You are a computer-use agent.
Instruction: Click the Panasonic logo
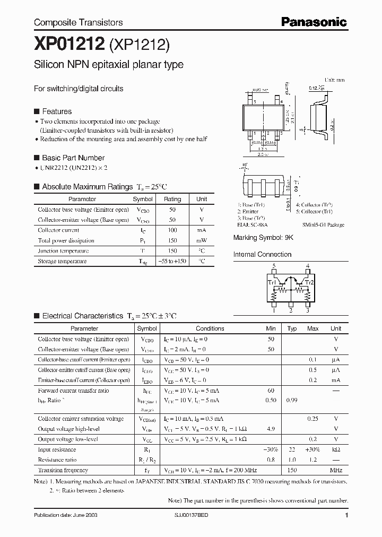click(x=314, y=22)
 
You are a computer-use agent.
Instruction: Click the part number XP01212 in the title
click(x=69, y=45)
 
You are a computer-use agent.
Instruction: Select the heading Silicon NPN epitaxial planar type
click(x=109, y=65)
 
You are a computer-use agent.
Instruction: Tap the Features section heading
click(x=56, y=111)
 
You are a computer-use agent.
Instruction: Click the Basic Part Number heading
click(x=73, y=158)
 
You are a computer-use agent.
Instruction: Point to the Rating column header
click(x=172, y=199)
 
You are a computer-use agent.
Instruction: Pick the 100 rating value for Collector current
click(x=172, y=230)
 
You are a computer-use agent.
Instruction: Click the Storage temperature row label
click(x=62, y=261)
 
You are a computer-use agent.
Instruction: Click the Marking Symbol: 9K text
click(x=263, y=238)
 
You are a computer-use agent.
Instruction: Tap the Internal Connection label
click(x=262, y=254)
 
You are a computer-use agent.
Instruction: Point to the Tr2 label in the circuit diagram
click(x=310, y=282)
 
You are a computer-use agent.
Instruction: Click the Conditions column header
click(x=210, y=328)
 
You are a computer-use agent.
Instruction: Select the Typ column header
click(x=292, y=328)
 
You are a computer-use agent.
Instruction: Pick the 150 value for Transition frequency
click(x=292, y=470)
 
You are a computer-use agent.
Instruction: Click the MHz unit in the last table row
click(x=336, y=470)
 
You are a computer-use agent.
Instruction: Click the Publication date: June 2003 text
click(x=65, y=515)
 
